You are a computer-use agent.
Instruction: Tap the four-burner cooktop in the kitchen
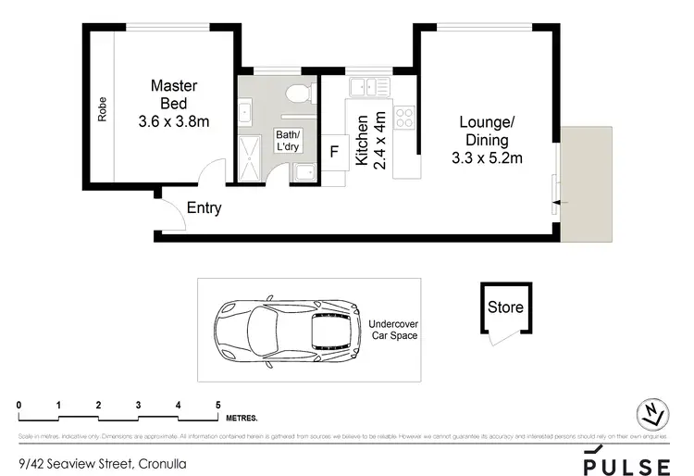click(x=404, y=118)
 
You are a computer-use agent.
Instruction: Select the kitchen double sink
click(x=368, y=87)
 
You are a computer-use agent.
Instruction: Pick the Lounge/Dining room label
click(x=486, y=140)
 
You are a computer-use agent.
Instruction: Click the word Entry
click(x=204, y=208)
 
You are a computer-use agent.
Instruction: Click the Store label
click(x=505, y=307)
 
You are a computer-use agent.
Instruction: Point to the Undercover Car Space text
click(x=393, y=330)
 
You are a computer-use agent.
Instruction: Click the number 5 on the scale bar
click(x=217, y=406)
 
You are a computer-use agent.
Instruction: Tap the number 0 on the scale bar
click(x=19, y=406)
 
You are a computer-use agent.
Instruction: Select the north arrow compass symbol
click(x=653, y=414)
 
